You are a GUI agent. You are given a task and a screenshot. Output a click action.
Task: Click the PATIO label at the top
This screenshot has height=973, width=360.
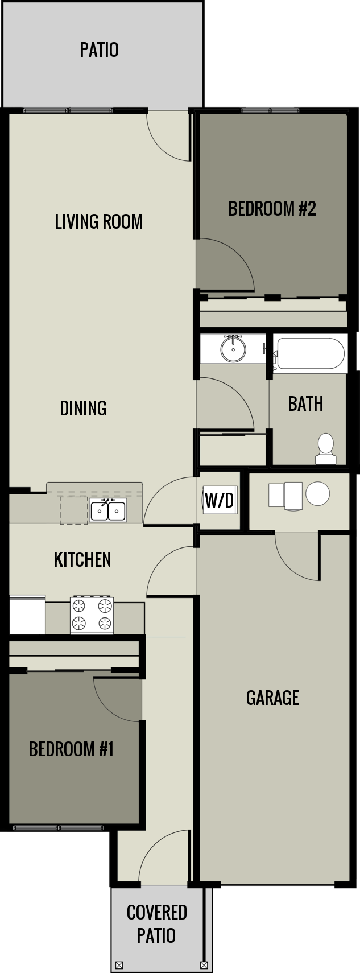pyautogui.click(x=99, y=50)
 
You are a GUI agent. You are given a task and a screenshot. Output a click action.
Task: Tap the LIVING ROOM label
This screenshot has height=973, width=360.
pyautogui.click(x=99, y=221)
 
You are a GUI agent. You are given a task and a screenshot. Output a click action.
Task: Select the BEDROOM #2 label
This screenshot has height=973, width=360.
pyautogui.click(x=272, y=208)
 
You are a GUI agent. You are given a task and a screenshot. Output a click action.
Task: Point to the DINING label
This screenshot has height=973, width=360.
pyautogui.click(x=84, y=409)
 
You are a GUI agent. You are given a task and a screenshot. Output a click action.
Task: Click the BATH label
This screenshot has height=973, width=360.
pyautogui.click(x=306, y=403)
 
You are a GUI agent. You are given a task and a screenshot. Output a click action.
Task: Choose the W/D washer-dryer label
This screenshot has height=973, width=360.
pyautogui.click(x=220, y=500)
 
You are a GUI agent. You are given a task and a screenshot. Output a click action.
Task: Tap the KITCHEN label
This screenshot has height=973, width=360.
pyautogui.click(x=82, y=559)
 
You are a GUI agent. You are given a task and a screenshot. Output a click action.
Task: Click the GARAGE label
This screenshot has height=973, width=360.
pyautogui.click(x=273, y=698)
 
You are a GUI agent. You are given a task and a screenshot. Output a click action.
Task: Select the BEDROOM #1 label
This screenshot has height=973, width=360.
pyautogui.click(x=71, y=749)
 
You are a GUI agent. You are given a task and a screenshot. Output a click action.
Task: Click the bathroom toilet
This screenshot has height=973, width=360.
pyautogui.click(x=326, y=449)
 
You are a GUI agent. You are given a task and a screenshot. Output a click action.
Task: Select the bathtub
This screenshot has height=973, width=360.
pyautogui.click(x=310, y=353)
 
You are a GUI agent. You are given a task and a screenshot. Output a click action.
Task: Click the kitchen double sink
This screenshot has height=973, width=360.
pyautogui.click(x=108, y=510)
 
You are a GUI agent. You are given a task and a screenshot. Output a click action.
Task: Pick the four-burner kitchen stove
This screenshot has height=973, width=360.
pyautogui.click(x=92, y=615)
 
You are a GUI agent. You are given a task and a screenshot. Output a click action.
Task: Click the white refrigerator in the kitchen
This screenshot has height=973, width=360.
pyautogui.click(x=27, y=615)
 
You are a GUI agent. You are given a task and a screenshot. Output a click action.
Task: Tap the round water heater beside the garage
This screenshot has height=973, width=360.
pyautogui.click(x=318, y=493)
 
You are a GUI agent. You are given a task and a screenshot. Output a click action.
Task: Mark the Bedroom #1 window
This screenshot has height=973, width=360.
pyautogui.click(x=59, y=827)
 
